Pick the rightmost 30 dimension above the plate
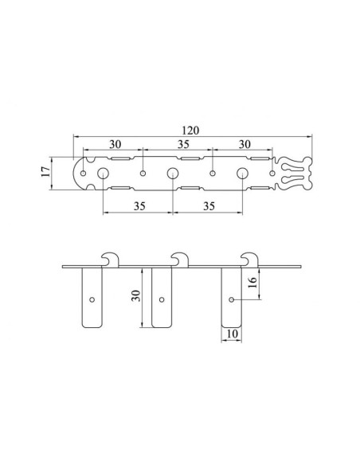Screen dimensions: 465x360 tap(245, 144)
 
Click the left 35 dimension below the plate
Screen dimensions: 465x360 tap(138, 205)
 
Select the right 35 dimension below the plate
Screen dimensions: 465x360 tap(209, 205)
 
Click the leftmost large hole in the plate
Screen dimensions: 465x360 tap(103, 174)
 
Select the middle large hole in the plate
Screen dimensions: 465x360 tap(172, 174)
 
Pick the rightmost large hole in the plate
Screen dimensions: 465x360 tap(242, 174)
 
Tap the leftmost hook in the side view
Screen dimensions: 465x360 tap(111, 259)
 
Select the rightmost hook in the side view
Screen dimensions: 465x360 tap(250, 259)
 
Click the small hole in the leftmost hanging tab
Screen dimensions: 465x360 tap(92, 300)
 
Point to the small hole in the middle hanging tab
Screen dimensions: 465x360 tap(162, 300)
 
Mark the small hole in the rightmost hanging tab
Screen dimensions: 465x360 tap(232, 300)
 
